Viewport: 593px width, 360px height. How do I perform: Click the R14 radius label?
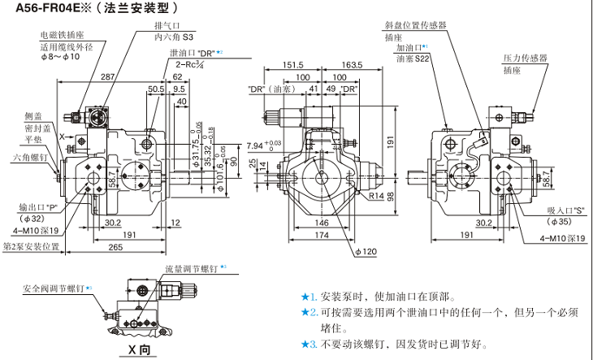375,195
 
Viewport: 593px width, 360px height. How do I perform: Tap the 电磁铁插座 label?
62,36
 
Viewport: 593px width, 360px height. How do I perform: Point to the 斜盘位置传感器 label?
416,25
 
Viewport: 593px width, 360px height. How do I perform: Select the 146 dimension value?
322,222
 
